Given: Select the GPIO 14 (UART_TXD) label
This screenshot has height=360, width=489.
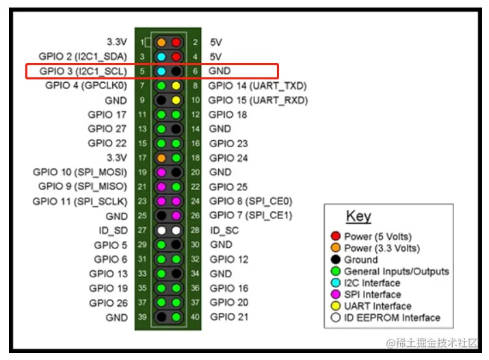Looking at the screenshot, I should pyautogui.click(x=257, y=86).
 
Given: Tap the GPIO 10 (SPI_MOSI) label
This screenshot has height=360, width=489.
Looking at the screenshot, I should pyautogui.click(x=80, y=172).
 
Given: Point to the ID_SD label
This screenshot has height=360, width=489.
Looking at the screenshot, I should pyautogui.click(x=113, y=230).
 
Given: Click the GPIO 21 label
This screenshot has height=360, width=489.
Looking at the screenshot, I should pyautogui.click(x=228, y=317).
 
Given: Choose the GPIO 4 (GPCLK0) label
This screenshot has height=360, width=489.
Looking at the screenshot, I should pyautogui.click(x=86, y=86).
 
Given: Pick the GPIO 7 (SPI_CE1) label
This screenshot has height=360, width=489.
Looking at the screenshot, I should pyautogui.click(x=250, y=216).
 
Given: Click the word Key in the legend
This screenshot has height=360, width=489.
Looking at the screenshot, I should pyautogui.click(x=358, y=216).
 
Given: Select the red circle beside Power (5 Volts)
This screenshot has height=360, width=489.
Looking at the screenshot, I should pyautogui.click(x=335, y=236).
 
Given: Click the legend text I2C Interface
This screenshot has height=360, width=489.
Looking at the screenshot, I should pyautogui.click(x=381, y=283).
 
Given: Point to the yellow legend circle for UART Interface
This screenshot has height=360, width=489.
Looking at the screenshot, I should pyautogui.click(x=335, y=306).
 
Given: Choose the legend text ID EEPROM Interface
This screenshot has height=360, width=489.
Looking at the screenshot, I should pyautogui.click(x=392, y=318).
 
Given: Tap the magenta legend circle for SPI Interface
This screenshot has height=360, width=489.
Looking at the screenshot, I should pyautogui.click(x=335, y=294).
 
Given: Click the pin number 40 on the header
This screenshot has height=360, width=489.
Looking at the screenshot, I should pyautogui.click(x=195, y=317).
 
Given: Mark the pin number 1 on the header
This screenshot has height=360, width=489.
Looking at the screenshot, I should pyautogui.click(x=141, y=42).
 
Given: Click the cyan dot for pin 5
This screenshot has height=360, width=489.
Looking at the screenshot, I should pyautogui.click(x=161, y=71).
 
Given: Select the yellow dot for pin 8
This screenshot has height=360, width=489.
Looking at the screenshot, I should pyautogui.click(x=176, y=86).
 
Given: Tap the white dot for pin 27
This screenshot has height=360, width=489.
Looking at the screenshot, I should pyautogui.click(x=161, y=230).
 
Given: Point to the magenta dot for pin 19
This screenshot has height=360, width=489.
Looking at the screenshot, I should pyautogui.click(x=161, y=172).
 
